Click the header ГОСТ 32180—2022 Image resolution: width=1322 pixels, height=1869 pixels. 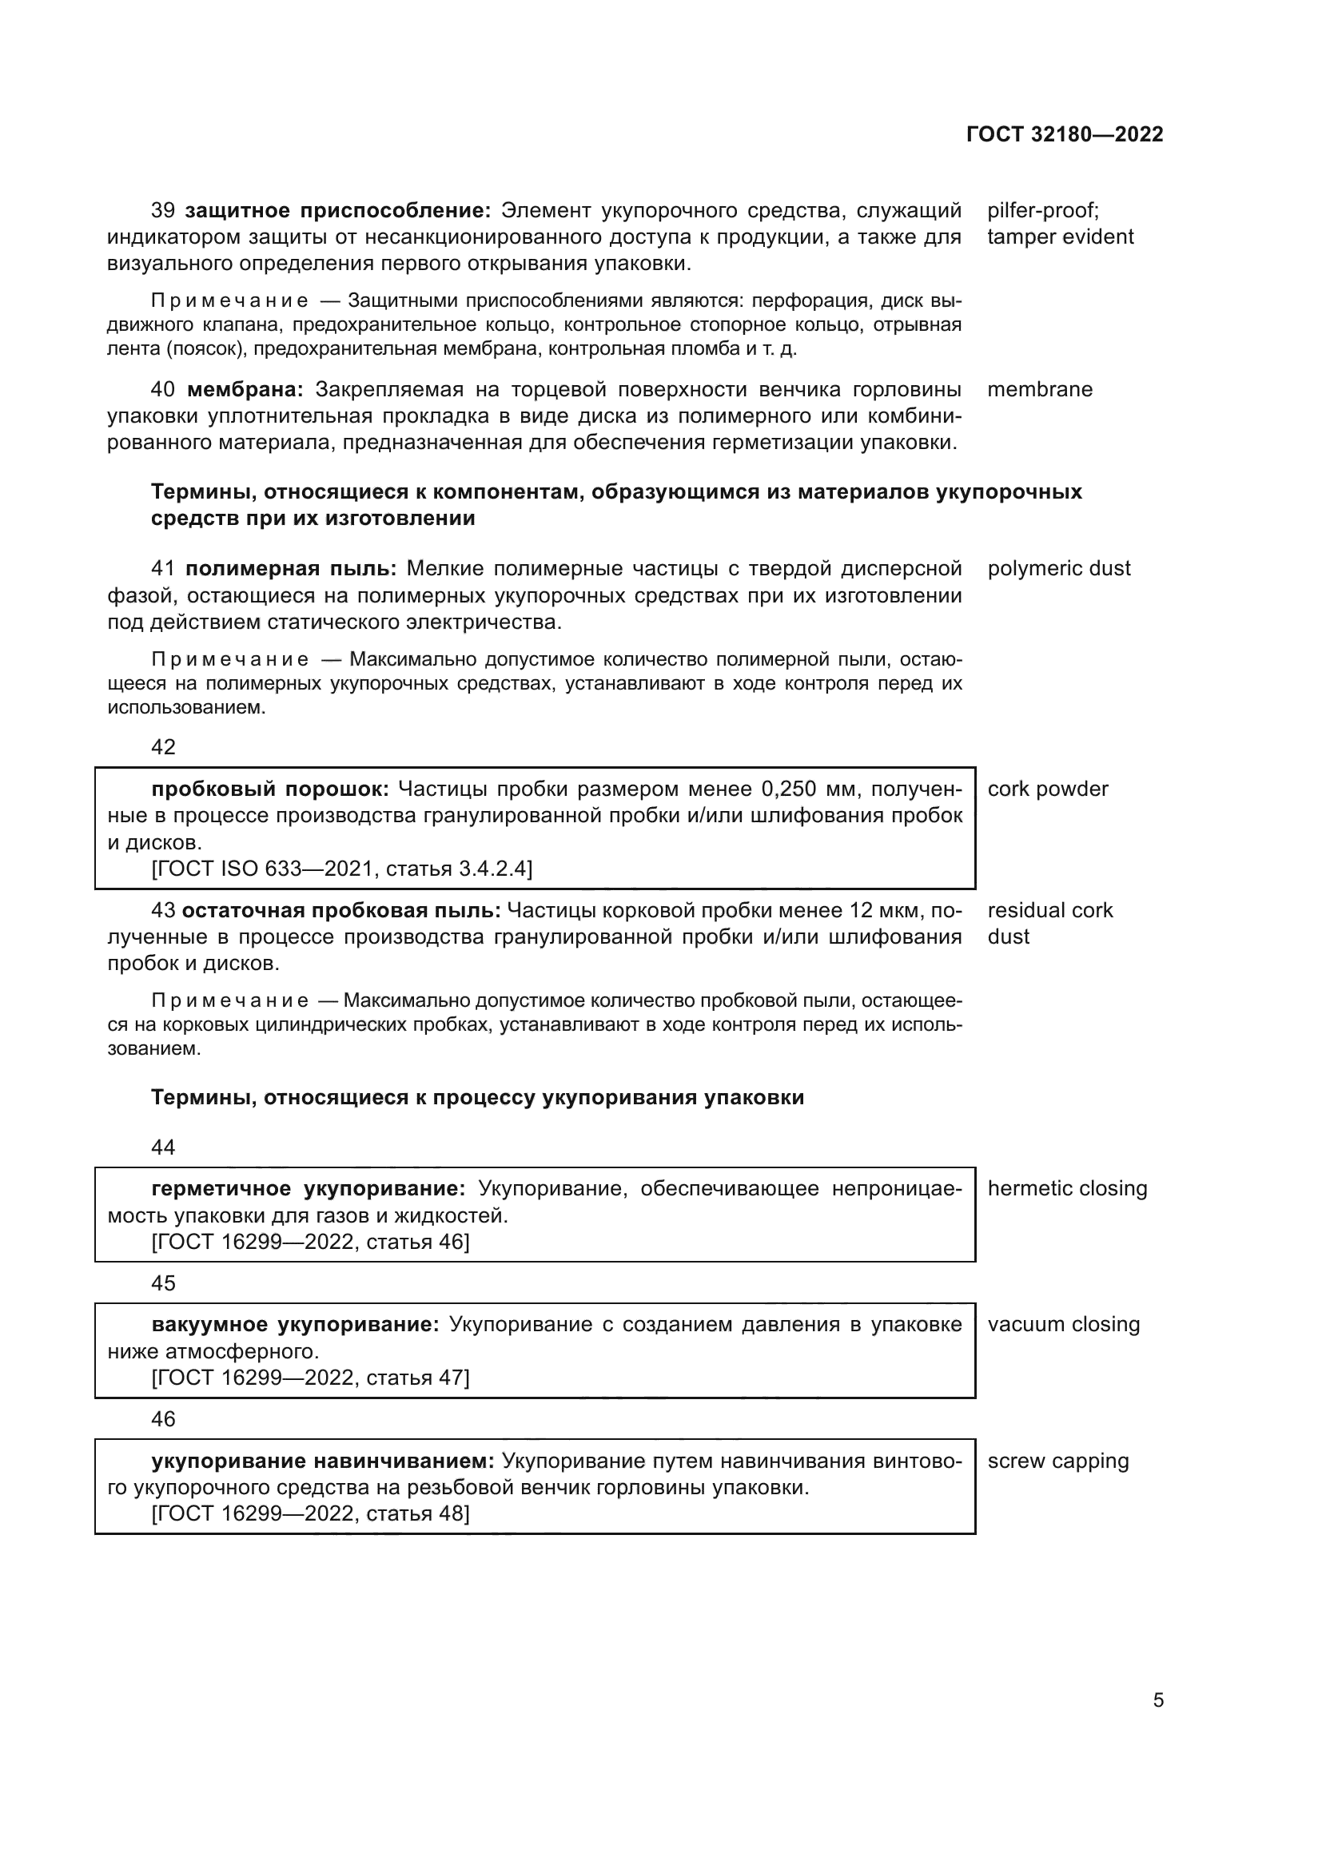pos(1064,134)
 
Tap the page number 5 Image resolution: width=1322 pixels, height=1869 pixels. pos(1157,1700)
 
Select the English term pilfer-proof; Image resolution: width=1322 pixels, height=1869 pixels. pos(1043,211)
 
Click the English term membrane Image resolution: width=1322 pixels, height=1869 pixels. pos(1040,390)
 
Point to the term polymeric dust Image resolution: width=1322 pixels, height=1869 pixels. pos(1058,569)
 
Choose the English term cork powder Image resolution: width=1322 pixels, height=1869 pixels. pos(1048,789)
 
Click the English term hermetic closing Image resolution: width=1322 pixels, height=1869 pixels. pos(1066,1188)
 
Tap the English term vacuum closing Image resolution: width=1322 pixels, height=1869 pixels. pos(1063,1324)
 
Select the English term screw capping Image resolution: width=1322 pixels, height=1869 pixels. pos(1057,1461)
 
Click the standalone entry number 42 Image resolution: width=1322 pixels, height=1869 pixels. pos(164,747)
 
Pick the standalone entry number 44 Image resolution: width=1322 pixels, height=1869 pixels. pos(164,1147)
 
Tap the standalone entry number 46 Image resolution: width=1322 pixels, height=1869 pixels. pos(164,1419)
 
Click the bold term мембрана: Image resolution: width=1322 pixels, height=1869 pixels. pos(245,390)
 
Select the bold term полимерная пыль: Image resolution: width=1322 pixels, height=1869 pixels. pos(291,569)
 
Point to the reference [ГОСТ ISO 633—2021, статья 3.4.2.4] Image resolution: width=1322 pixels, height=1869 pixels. pos(342,869)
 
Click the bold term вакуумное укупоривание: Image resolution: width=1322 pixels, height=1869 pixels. pos(295,1324)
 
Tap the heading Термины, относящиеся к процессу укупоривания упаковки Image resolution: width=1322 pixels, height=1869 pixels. pos(477,1098)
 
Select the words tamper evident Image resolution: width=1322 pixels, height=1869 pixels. pos(1060,237)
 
